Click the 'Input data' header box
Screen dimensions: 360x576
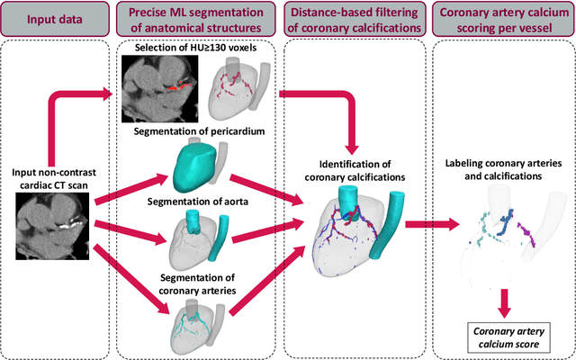tap(55, 19)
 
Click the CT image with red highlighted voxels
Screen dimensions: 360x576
tap(160, 88)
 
